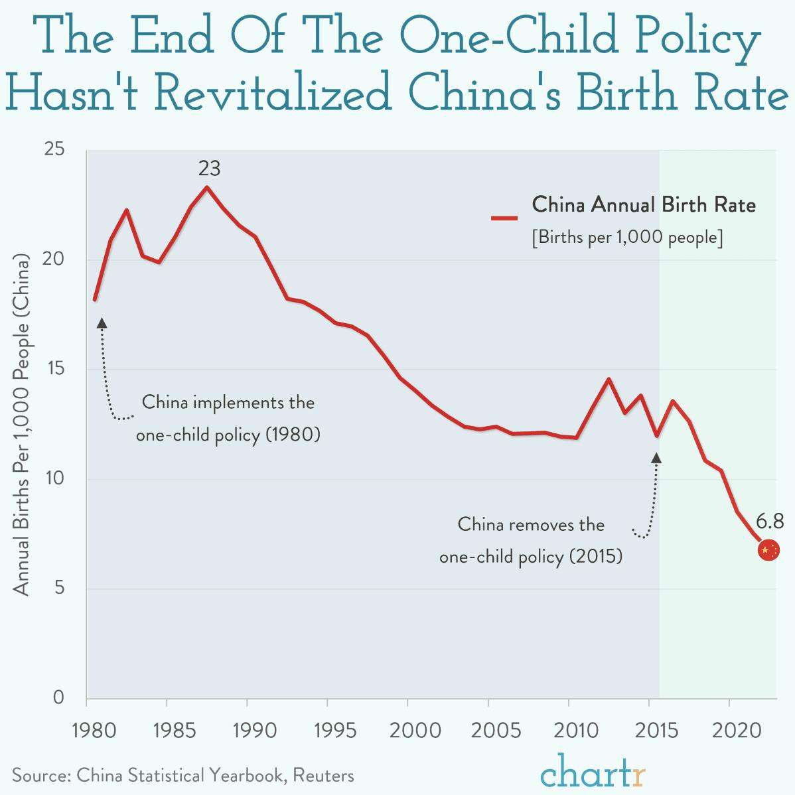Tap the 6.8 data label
pos(770,520)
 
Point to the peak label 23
pos(209,169)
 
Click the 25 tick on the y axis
pos(54,150)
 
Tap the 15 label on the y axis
pos(54,369)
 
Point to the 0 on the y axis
pos(59,697)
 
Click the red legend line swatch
pos(504,218)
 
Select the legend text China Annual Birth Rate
pos(644,204)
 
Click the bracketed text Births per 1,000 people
pos(627,237)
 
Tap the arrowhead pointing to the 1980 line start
pos(102,323)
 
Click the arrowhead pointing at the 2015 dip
pos(656,458)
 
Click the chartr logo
pos(593,770)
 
